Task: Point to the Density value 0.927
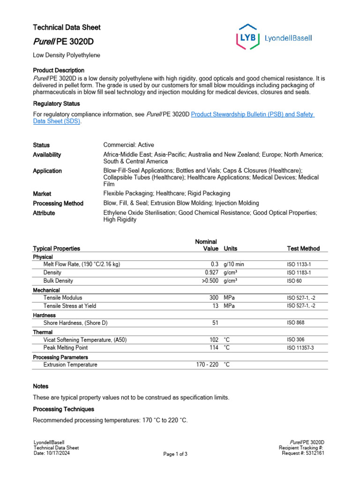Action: click(211, 272)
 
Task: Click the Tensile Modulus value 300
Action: click(214, 298)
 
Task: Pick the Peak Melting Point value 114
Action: click(214, 348)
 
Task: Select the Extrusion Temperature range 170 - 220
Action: click(207, 364)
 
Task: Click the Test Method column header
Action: click(303, 248)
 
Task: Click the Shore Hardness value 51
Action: click(215, 323)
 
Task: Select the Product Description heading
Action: click(59, 70)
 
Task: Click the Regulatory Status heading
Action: click(56, 104)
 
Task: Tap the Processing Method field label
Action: click(58, 203)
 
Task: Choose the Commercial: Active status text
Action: click(128, 145)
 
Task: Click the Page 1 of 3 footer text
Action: click(175, 454)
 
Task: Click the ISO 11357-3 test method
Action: click(300, 348)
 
